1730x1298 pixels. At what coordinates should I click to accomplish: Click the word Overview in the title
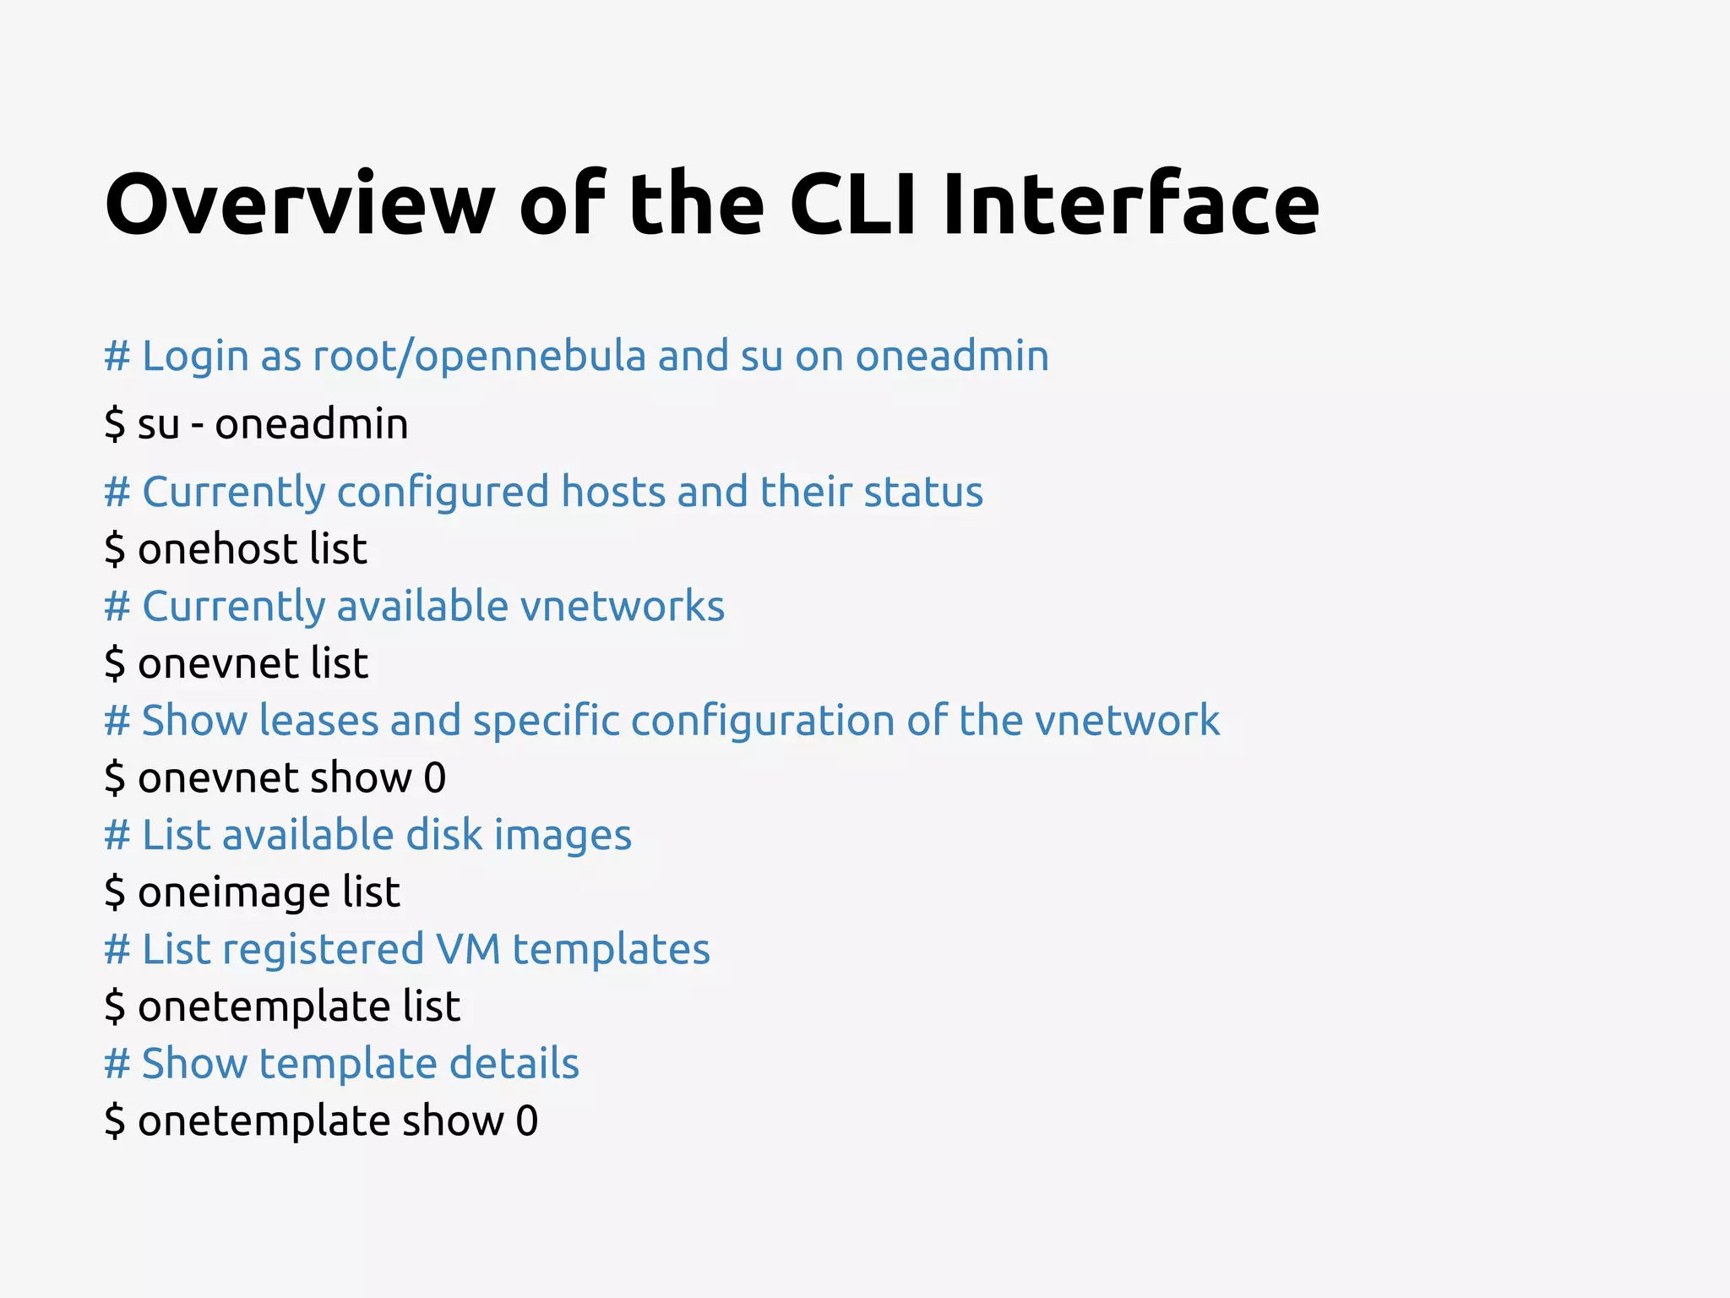pyautogui.click(x=300, y=205)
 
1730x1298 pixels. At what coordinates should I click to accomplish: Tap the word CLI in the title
pyautogui.click(x=852, y=205)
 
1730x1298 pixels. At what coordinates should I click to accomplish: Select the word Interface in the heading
pyautogui.click(x=1130, y=205)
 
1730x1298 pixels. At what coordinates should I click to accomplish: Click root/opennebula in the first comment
pyautogui.click(x=479, y=356)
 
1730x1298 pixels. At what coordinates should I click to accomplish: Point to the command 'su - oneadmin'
pyautogui.click(x=257, y=424)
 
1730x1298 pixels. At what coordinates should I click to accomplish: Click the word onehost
pyautogui.click(x=217, y=549)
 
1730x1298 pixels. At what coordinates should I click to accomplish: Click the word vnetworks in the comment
pyautogui.click(x=622, y=607)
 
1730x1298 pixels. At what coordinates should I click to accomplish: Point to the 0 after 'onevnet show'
pyautogui.click(x=434, y=778)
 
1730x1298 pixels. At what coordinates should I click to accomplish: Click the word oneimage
pyautogui.click(x=234, y=893)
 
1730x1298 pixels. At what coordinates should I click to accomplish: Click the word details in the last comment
pyautogui.click(x=514, y=1064)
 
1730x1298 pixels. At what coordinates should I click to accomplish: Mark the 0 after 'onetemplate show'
pyautogui.click(x=527, y=1121)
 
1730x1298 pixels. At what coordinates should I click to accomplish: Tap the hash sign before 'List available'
pyautogui.click(x=117, y=835)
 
